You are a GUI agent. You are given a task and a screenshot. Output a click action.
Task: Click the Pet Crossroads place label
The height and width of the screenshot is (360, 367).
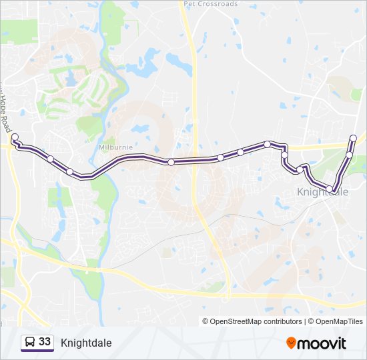(210, 3)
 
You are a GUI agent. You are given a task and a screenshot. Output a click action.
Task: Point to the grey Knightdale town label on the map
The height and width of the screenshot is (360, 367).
(322, 192)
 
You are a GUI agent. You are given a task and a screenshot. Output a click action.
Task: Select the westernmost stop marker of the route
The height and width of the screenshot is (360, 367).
(15, 137)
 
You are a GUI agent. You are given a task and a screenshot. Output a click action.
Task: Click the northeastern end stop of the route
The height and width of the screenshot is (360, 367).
(353, 138)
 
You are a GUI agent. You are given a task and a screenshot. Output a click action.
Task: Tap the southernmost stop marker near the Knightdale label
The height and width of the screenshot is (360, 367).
(334, 191)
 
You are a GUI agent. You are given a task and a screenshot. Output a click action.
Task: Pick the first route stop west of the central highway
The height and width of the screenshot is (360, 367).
(171, 162)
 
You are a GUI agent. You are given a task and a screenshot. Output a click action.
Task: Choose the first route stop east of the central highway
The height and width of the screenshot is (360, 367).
(220, 158)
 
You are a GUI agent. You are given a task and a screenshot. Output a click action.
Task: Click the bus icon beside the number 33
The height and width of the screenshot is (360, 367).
(29, 343)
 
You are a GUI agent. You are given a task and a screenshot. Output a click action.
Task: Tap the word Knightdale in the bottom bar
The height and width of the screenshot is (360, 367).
(86, 343)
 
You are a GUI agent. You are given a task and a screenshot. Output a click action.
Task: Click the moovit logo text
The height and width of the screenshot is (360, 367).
(322, 343)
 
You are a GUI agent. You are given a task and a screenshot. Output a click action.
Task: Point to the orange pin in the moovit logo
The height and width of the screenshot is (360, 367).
(292, 343)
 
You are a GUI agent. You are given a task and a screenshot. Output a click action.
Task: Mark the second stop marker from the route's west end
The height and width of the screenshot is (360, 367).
(51, 158)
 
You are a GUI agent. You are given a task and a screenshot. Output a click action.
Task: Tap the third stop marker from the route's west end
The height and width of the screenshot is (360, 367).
(69, 171)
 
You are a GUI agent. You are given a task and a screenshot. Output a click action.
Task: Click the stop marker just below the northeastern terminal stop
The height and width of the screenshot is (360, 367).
(349, 155)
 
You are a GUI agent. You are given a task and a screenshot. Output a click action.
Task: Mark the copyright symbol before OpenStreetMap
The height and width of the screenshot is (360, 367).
(206, 321)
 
